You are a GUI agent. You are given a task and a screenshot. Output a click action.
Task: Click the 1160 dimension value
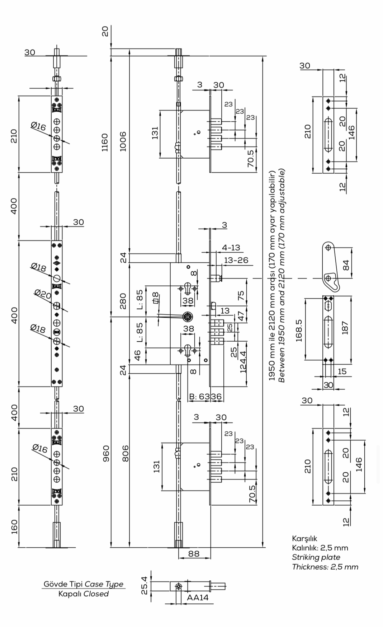[x=104, y=142]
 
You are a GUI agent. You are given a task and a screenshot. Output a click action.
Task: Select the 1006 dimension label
[x=123, y=141]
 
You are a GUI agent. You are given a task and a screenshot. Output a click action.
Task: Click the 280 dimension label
[x=123, y=301]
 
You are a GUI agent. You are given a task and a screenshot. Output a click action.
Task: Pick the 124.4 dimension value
[x=243, y=362]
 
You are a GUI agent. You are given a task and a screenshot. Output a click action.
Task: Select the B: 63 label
[x=199, y=397]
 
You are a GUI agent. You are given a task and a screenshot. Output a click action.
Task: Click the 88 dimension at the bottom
[x=194, y=553]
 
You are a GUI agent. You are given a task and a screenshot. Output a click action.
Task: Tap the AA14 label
[x=198, y=598]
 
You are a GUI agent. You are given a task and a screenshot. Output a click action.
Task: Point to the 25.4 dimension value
[x=144, y=585]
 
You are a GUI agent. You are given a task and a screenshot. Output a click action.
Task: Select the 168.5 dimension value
[x=299, y=330]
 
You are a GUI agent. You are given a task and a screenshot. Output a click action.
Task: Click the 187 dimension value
[x=345, y=328]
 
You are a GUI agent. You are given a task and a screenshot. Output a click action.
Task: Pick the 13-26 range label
[x=236, y=260]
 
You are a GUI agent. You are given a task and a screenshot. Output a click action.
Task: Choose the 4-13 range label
[x=231, y=248]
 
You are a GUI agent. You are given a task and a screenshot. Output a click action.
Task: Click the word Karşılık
[x=304, y=538]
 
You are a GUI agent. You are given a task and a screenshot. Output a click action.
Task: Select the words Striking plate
[x=316, y=557]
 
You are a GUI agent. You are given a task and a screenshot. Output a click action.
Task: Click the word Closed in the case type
[x=96, y=594]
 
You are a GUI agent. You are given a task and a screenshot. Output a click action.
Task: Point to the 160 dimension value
[x=14, y=527]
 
